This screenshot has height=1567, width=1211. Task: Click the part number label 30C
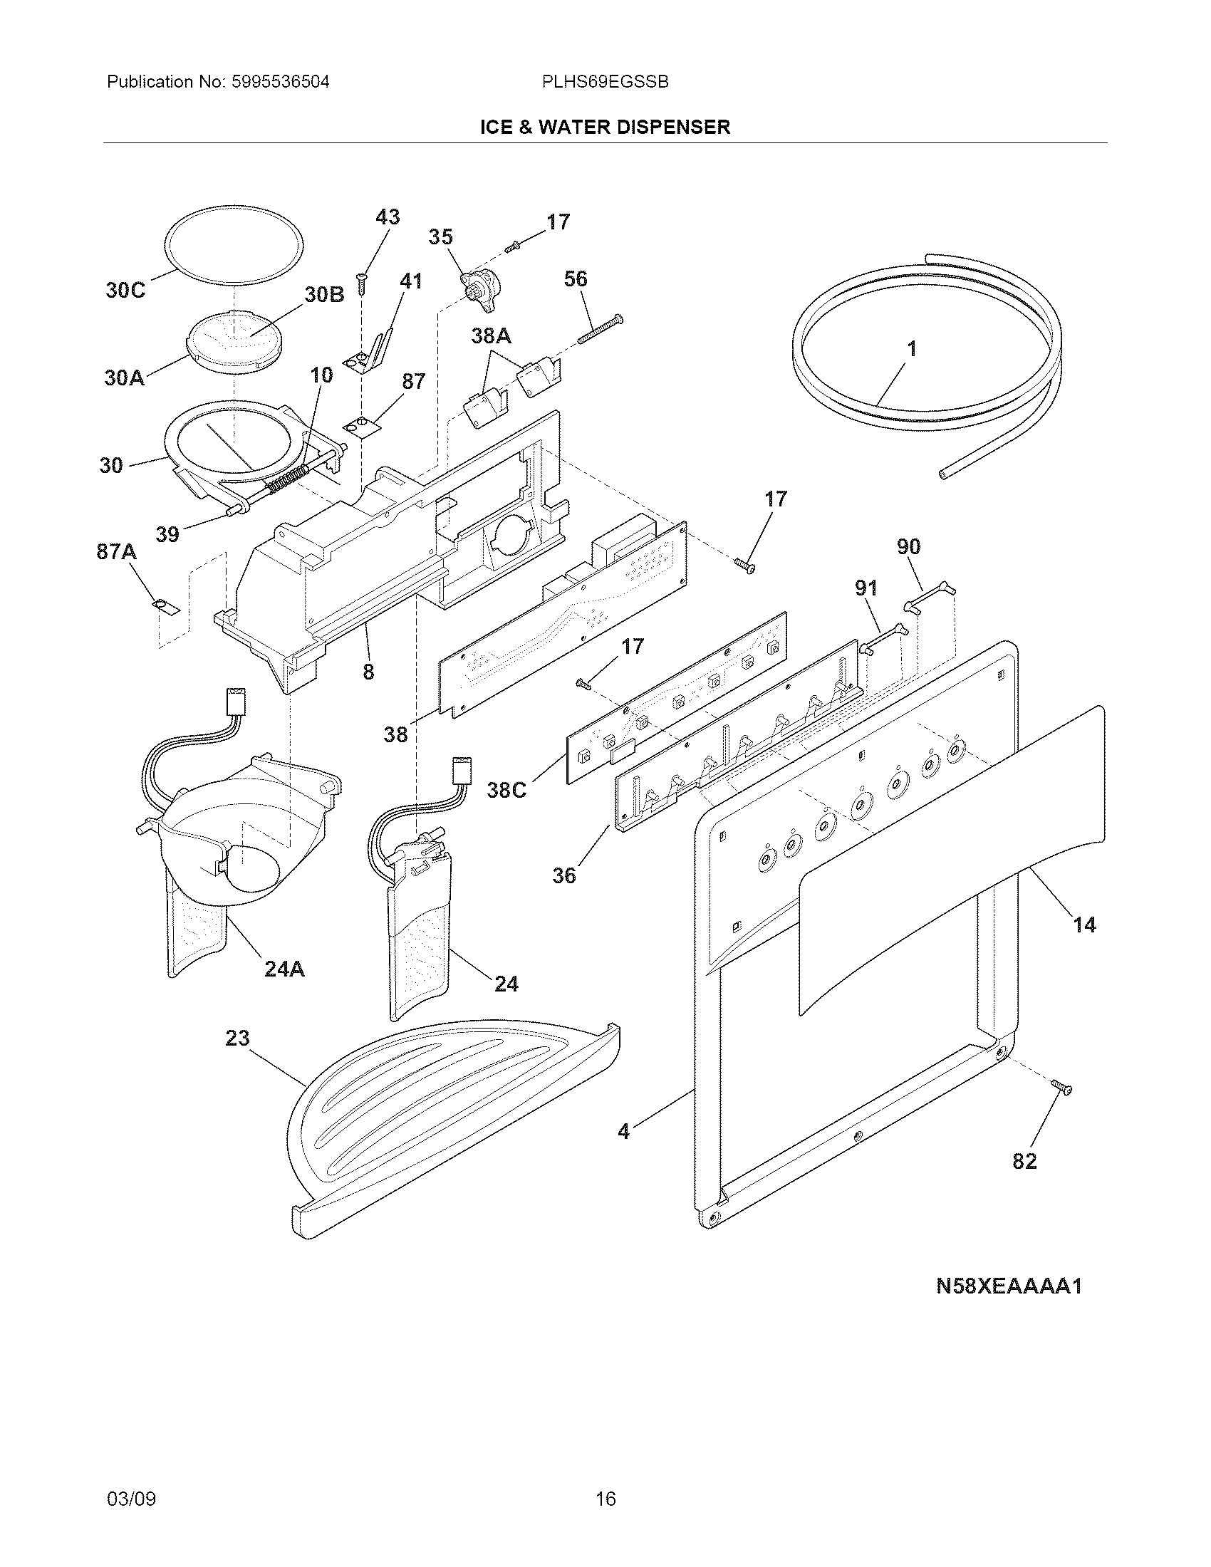pos(125,291)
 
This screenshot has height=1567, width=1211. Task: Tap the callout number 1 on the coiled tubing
pos(911,350)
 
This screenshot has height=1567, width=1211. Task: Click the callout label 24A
pos(284,969)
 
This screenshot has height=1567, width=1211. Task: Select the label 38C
pos(506,790)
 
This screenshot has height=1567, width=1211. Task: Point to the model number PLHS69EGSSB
pos(605,83)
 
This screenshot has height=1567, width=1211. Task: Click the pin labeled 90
pos(930,597)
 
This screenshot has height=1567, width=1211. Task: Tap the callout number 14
pos(1084,925)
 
